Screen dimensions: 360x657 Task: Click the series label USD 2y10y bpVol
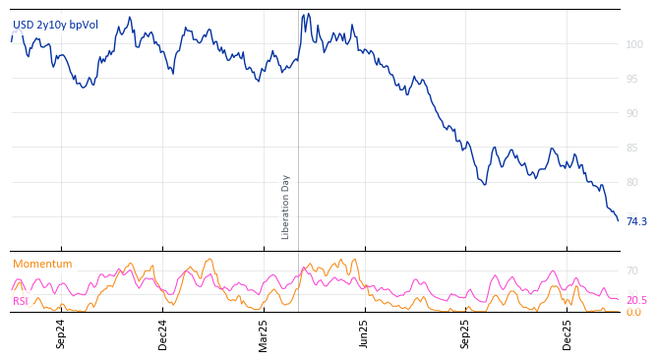point(55,25)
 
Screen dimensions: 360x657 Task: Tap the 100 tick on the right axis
point(635,44)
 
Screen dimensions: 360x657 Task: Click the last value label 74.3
point(636,222)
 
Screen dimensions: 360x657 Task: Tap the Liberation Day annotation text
point(286,207)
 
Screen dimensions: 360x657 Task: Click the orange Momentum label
point(42,265)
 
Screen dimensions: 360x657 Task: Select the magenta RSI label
point(20,301)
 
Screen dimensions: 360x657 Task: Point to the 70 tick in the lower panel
point(632,270)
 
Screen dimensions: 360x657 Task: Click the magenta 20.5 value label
point(636,301)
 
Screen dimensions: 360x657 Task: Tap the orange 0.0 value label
point(633,313)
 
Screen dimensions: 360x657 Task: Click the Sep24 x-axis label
point(61,333)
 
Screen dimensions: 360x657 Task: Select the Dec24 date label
point(163,333)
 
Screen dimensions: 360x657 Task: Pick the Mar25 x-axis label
point(264,333)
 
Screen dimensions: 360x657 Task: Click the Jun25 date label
point(364,333)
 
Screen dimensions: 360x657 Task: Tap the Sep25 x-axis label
point(465,333)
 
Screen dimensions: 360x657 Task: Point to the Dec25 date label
point(567,333)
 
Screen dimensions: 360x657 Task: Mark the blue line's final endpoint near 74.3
point(618,220)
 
